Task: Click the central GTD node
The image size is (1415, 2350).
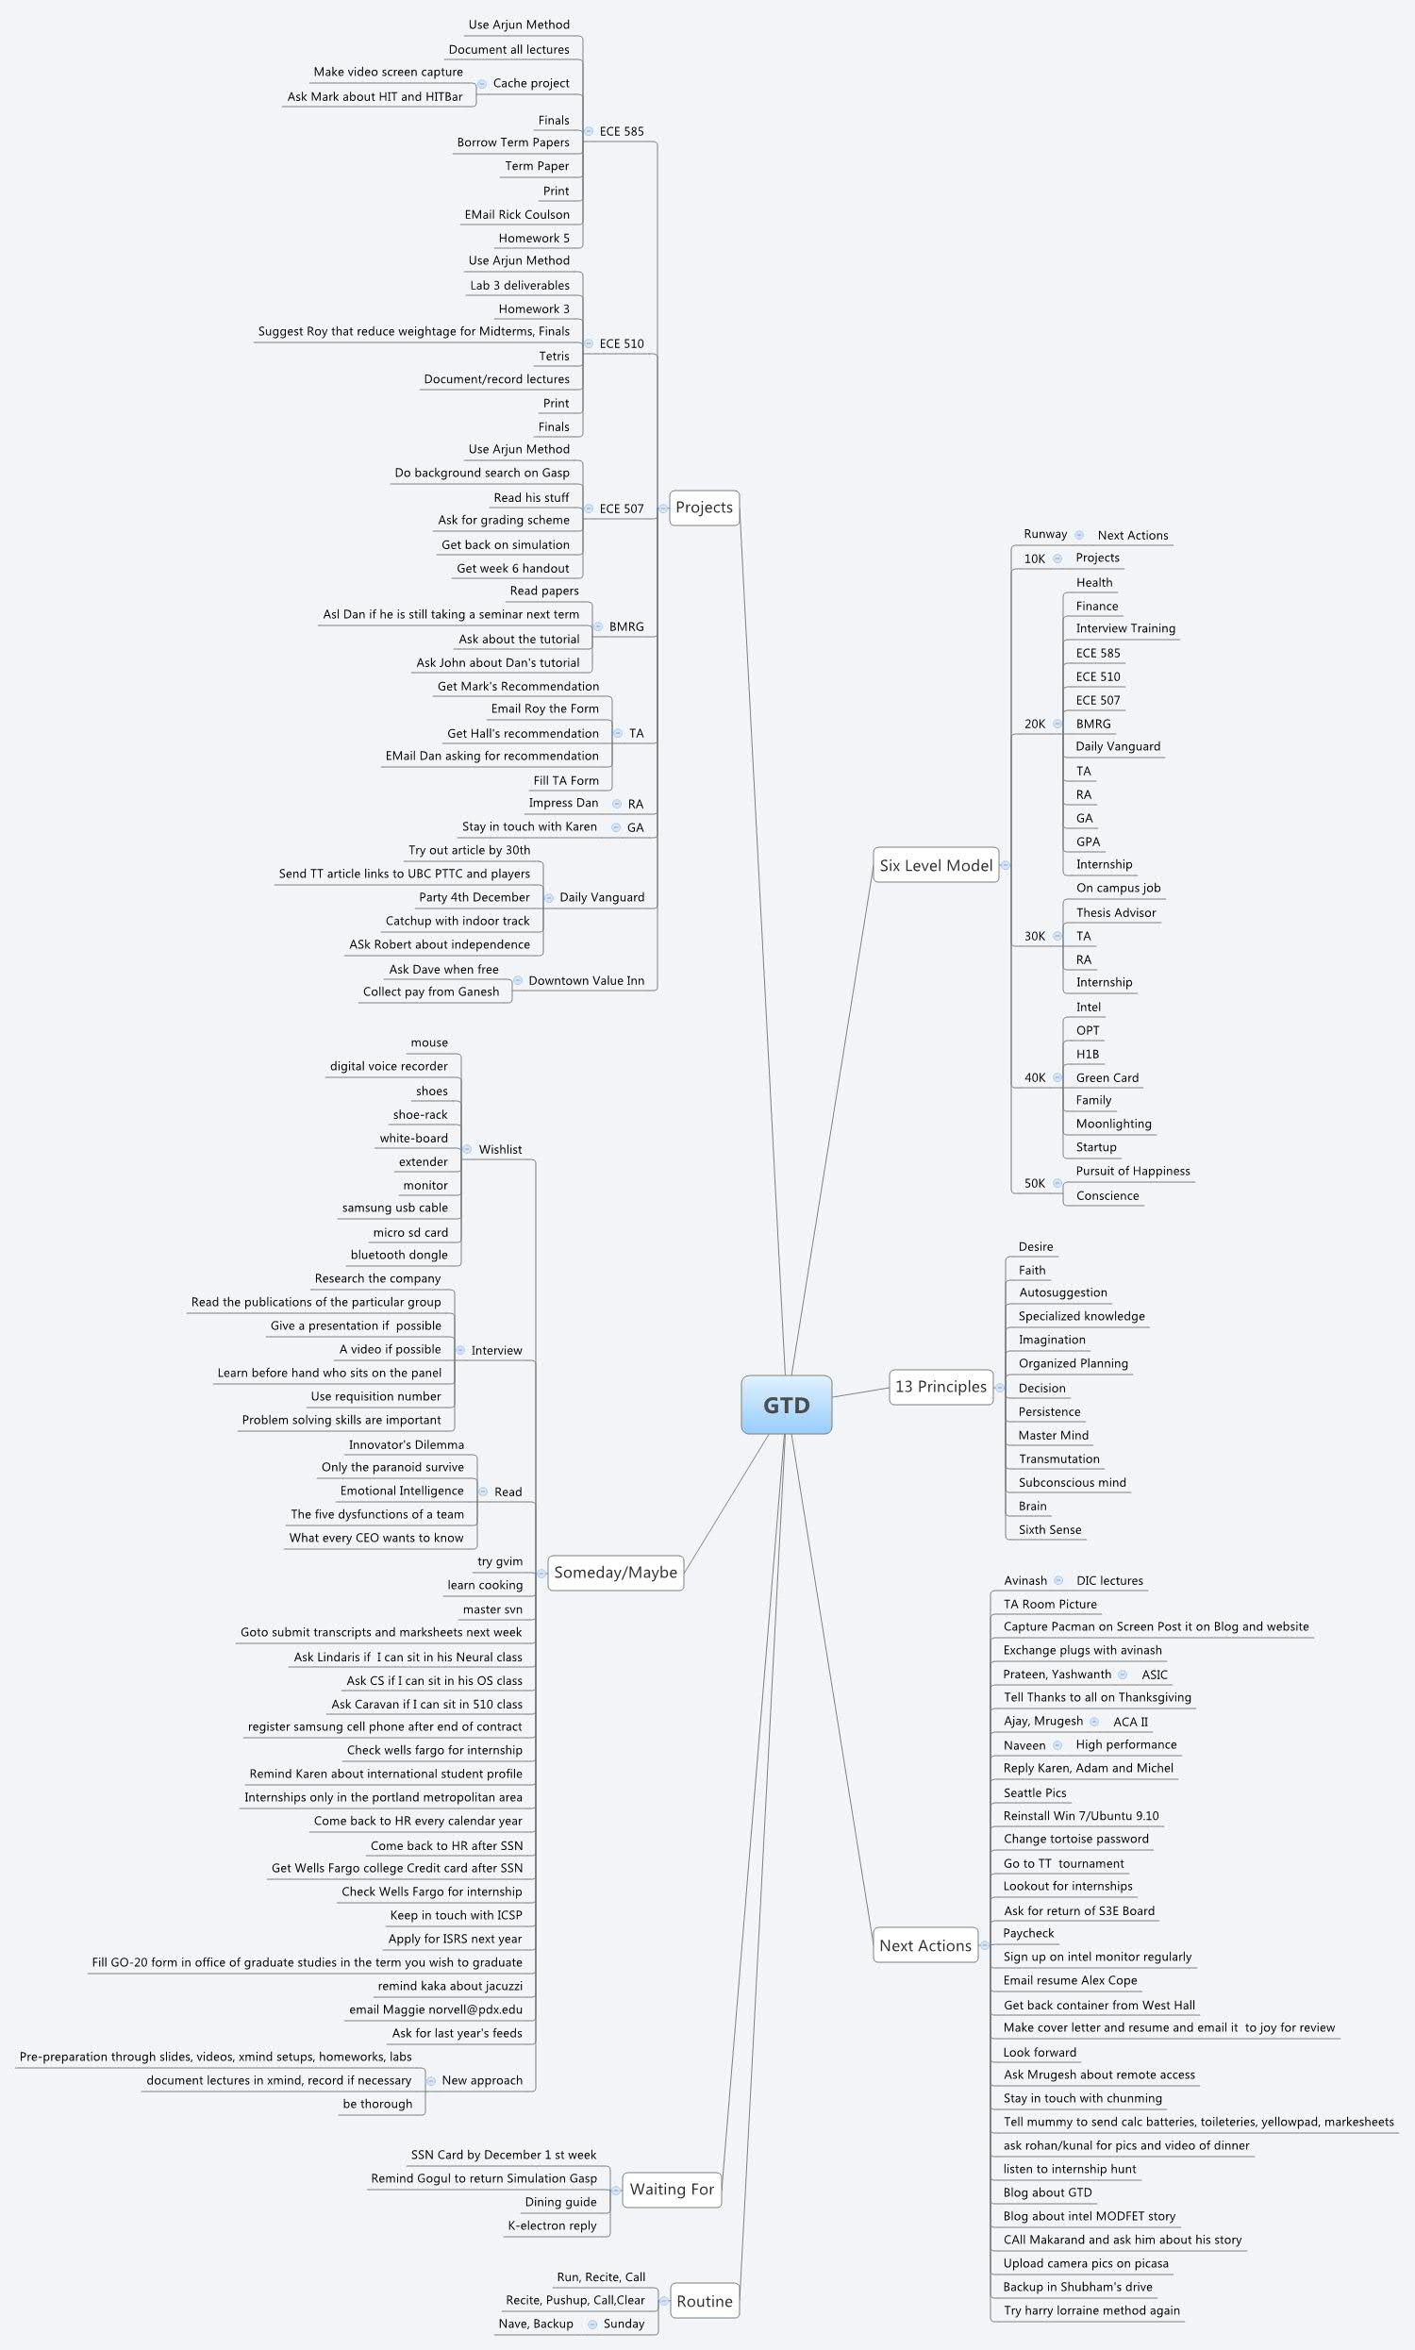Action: coord(786,1405)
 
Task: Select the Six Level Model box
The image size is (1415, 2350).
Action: coord(936,865)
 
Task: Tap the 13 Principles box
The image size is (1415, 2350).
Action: coord(941,1386)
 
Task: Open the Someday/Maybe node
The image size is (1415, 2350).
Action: coord(615,1572)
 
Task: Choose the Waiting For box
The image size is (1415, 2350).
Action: coord(672,2189)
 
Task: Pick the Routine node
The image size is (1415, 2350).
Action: coord(704,2300)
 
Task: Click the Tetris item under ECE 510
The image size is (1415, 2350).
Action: coord(554,356)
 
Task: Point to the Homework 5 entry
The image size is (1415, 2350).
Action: coord(534,239)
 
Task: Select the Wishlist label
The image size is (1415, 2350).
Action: coord(500,1150)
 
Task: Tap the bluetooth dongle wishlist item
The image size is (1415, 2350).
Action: coord(399,1255)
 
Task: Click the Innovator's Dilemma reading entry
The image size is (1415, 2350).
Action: coord(407,1444)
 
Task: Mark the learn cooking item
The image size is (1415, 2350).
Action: coord(484,1585)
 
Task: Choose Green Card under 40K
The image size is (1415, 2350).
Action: coord(1107,1077)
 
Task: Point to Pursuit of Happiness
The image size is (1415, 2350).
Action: coord(1133,1171)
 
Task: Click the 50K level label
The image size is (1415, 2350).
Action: coord(1035,1183)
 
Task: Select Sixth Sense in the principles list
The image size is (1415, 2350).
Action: coord(1050,1529)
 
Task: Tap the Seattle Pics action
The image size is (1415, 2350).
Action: coord(1035,1792)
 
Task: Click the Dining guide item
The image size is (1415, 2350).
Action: coord(560,2201)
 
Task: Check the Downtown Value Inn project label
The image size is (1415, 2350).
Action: coord(587,980)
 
